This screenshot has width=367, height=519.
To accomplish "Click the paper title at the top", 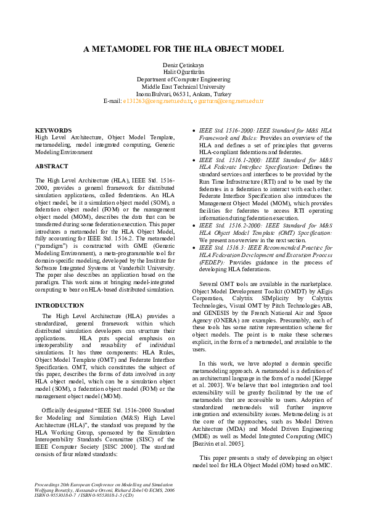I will click(x=183, y=49).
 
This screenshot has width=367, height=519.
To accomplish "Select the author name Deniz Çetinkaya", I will click(x=183, y=65).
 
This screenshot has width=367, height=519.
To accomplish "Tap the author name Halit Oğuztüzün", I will click(x=183, y=72).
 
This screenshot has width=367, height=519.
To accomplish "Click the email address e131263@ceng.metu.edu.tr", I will click(x=157, y=100).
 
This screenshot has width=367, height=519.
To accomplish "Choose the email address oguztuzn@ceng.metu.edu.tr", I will click(x=229, y=100).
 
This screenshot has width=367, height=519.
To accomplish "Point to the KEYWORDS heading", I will click(x=54, y=131).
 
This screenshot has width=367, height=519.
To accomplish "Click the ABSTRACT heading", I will click(x=52, y=166).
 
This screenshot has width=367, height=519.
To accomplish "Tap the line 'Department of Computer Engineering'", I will click(x=183, y=80).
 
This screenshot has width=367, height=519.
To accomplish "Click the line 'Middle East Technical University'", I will click(x=183, y=87).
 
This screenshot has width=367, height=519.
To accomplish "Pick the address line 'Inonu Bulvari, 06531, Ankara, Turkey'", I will click(x=183, y=94).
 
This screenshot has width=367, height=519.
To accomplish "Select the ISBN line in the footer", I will click(x=85, y=494).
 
